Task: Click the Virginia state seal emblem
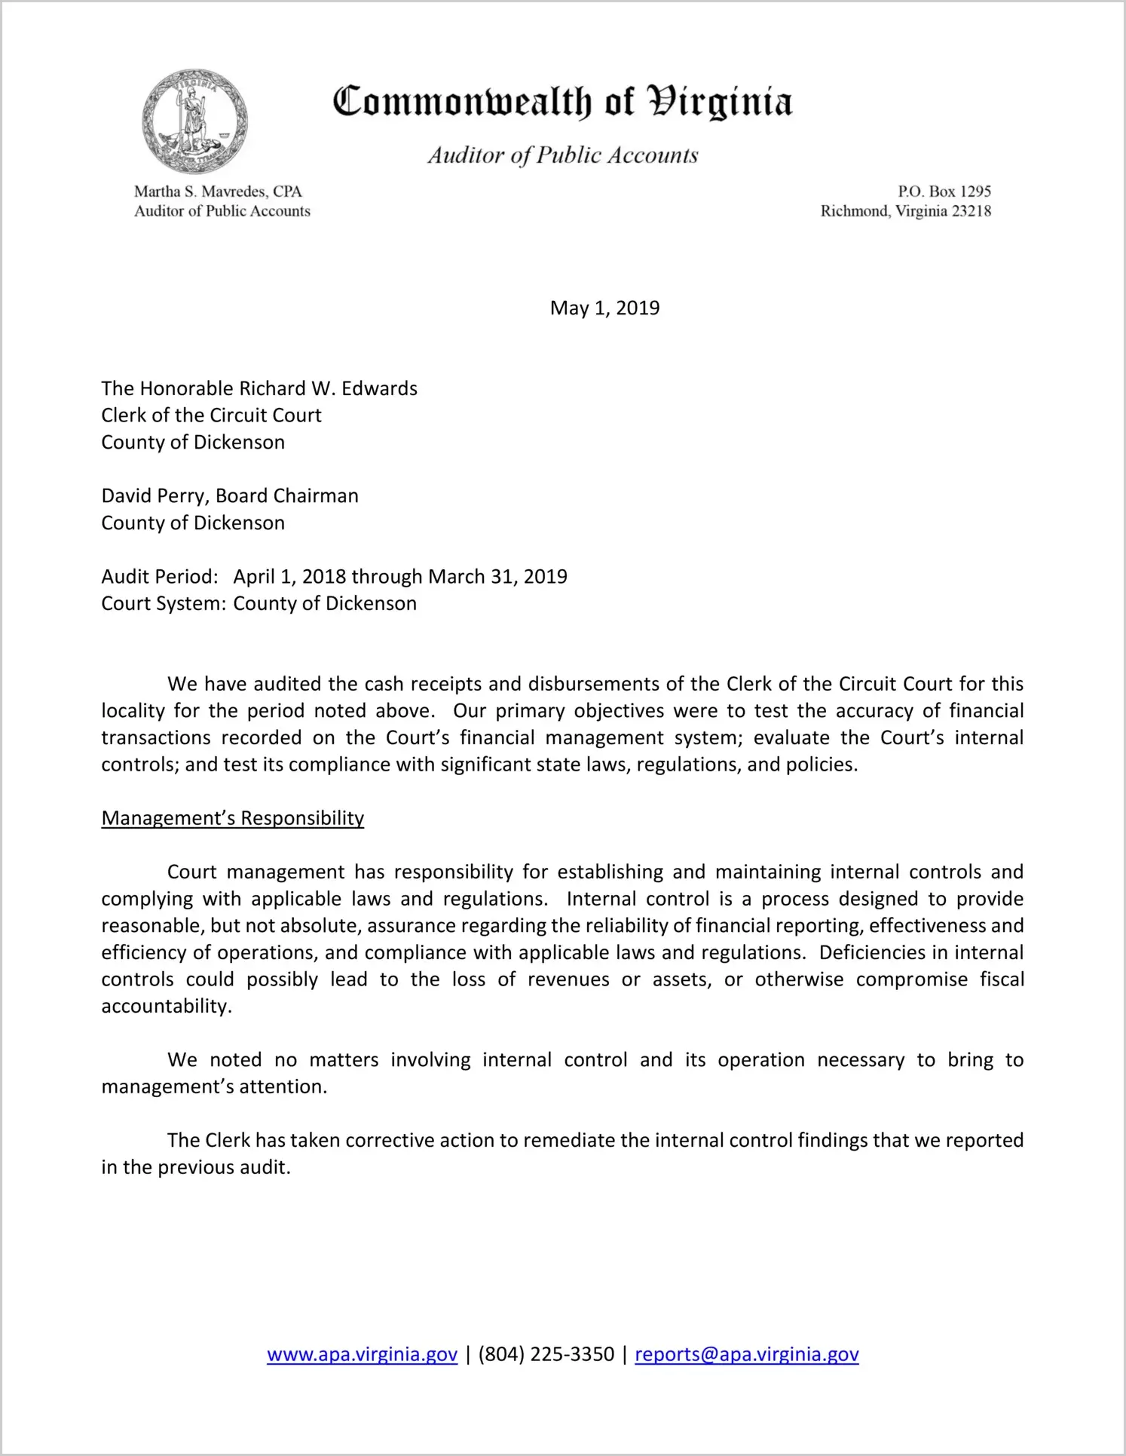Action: [194, 121]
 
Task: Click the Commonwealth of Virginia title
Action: [562, 102]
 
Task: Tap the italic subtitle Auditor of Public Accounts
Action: [562, 155]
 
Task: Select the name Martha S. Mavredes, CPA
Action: [218, 192]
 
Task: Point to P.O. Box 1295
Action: [944, 192]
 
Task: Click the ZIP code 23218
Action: [971, 211]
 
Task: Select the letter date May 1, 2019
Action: [604, 308]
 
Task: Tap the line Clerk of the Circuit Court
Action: [211, 415]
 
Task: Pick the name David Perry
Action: [155, 495]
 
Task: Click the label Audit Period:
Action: [160, 577]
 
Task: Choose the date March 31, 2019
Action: [497, 577]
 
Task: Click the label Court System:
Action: [164, 604]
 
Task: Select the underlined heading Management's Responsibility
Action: [232, 818]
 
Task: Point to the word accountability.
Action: [166, 1007]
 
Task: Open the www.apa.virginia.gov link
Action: [362, 1354]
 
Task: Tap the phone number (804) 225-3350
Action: [546, 1354]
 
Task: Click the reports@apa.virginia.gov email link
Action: [746, 1354]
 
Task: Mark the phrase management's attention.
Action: [214, 1087]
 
